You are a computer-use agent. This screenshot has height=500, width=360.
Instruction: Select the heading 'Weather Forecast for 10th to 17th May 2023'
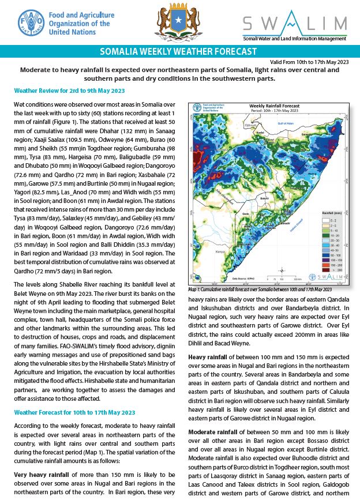click(74, 412)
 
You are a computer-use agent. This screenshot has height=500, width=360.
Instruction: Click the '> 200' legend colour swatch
click(325, 269)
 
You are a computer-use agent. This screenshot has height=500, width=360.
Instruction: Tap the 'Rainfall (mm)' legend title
click(331, 213)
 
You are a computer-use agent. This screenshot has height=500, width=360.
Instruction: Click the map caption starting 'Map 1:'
click(260, 290)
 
